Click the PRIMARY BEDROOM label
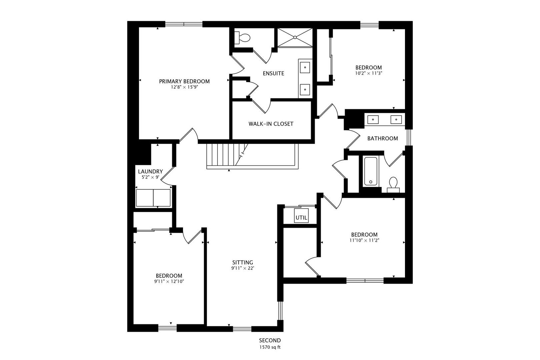click(x=184, y=81)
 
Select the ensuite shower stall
click(x=295, y=38)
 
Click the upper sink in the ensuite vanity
click(x=305, y=67)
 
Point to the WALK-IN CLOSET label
click(x=271, y=124)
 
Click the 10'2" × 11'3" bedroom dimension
click(x=368, y=73)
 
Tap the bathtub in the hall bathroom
click(x=370, y=172)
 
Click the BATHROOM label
click(x=382, y=138)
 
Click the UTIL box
click(x=301, y=217)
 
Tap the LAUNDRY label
click(x=150, y=171)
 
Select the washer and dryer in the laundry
click(x=153, y=198)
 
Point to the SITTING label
click(x=243, y=262)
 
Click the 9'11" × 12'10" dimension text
click(x=169, y=281)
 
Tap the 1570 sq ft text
click(x=270, y=347)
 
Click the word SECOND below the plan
click(x=270, y=340)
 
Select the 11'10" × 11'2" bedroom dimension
click(x=364, y=240)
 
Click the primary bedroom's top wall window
click(x=184, y=24)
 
